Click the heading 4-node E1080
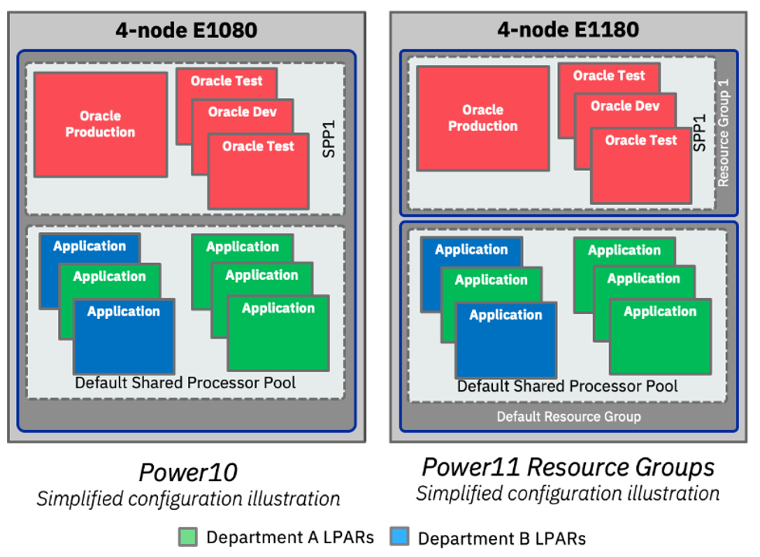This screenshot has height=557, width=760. [x=186, y=30]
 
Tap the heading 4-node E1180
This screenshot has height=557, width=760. [x=568, y=30]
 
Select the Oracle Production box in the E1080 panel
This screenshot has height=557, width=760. [x=100, y=125]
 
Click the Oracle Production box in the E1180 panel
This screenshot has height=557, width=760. [x=483, y=118]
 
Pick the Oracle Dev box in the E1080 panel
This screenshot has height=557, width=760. [x=241, y=112]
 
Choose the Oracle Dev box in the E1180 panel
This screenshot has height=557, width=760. [x=625, y=106]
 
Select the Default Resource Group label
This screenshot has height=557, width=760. [x=568, y=417]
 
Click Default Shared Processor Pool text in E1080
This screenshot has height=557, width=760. [x=185, y=383]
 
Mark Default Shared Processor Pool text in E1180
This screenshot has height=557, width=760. [x=567, y=386]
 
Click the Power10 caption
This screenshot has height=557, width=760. [x=187, y=473]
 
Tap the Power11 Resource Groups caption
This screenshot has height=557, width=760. [x=568, y=467]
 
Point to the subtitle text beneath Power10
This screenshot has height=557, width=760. [x=187, y=499]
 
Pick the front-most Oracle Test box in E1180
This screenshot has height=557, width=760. [x=641, y=166]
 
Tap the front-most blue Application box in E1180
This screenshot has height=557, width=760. [x=505, y=340]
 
